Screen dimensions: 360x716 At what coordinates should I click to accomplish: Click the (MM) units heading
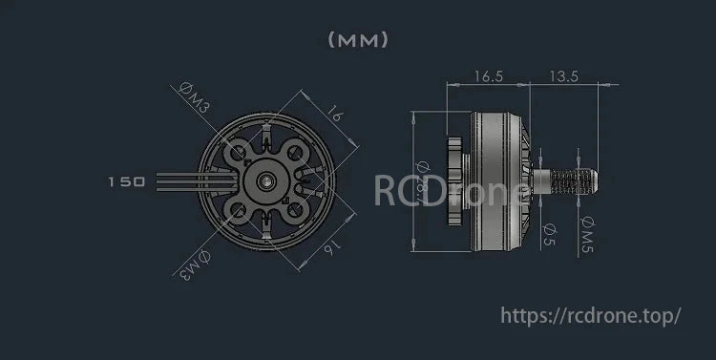pos(359,40)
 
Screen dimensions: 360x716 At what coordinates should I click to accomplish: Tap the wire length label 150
pos(126,180)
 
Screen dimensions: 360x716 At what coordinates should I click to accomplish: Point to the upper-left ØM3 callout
pos(195,98)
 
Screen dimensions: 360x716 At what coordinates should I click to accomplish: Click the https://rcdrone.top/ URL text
pos(590,314)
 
